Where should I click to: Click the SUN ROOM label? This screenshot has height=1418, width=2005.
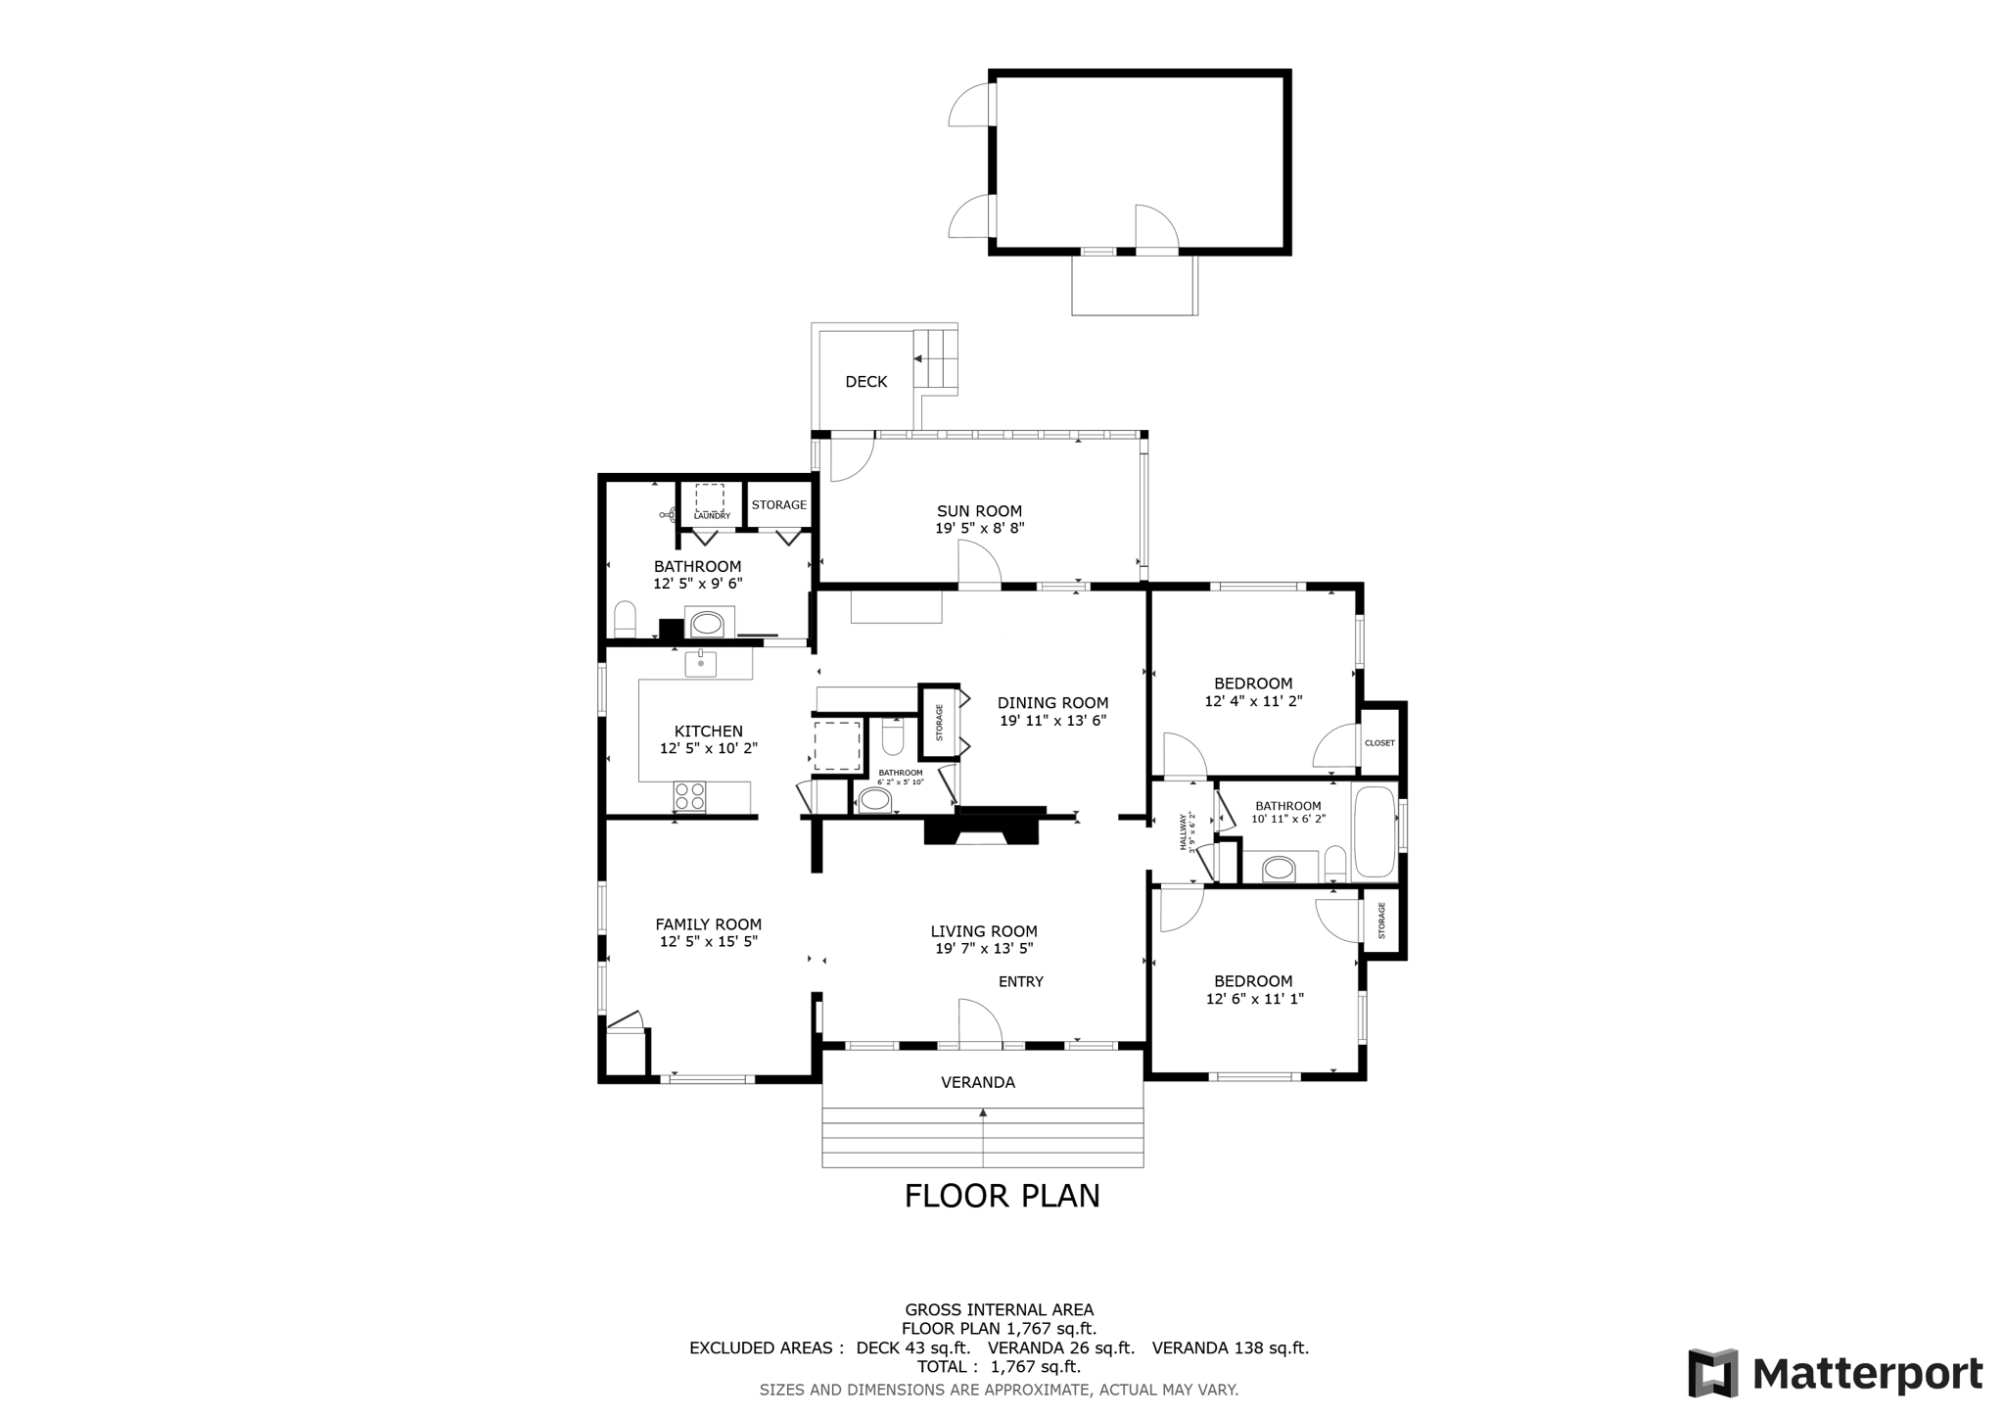click(979, 510)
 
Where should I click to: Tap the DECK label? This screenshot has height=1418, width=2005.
click(866, 382)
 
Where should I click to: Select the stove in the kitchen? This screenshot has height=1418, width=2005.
click(689, 795)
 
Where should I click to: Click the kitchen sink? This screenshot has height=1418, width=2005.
click(700, 664)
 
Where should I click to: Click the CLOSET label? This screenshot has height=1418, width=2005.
click(1379, 743)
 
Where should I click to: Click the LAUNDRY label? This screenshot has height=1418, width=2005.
click(712, 516)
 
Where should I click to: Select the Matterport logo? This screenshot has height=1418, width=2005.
click(1835, 1373)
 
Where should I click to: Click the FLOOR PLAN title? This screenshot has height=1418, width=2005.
click(1002, 1196)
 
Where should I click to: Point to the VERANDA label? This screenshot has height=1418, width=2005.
click(978, 1082)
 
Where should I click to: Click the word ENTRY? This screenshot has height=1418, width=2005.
click(1021, 981)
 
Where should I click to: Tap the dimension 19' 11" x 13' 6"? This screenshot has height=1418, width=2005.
click(1052, 721)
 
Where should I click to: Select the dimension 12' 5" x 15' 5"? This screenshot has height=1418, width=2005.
click(708, 942)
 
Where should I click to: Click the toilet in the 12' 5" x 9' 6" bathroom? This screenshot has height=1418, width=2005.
click(625, 619)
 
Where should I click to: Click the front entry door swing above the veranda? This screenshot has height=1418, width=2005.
click(979, 1024)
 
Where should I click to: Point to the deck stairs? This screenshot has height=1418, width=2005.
click(935, 359)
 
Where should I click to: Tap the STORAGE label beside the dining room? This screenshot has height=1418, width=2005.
click(939, 722)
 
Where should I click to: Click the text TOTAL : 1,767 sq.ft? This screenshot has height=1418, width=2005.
click(999, 1366)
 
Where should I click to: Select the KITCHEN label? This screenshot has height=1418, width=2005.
click(708, 731)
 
